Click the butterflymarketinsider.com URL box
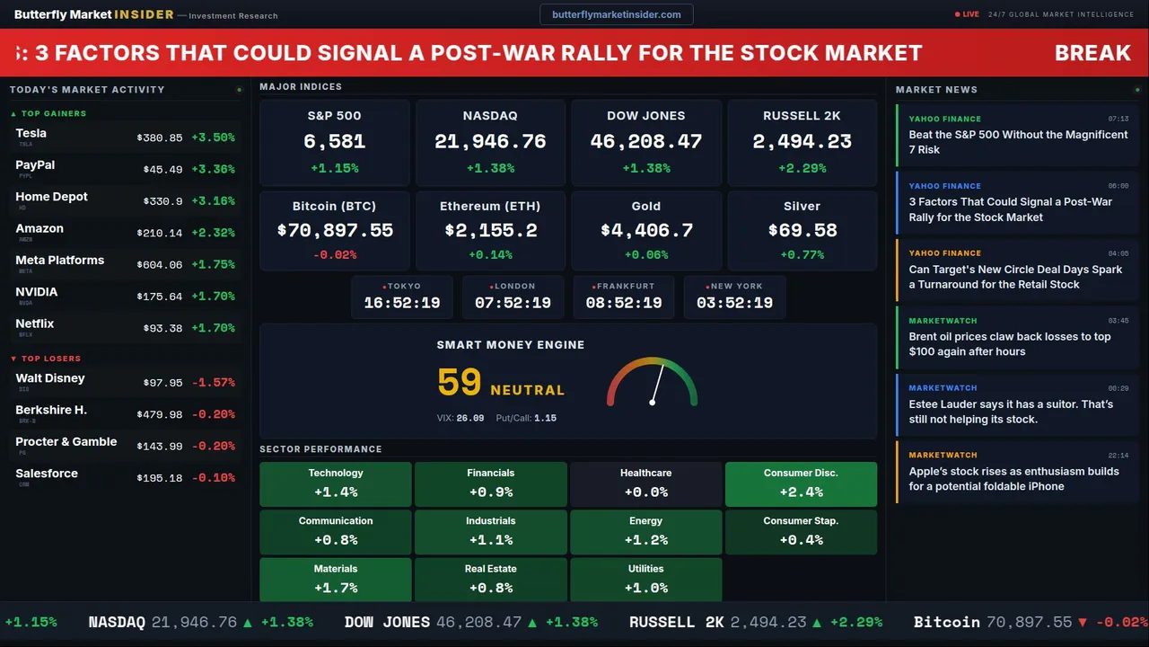coord(616,14)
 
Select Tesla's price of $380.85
coord(160,138)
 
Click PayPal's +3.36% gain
coord(213,170)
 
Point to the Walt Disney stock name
coord(50,378)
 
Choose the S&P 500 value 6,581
coord(334,141)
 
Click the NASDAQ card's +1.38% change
coord(490,168)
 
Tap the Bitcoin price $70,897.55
coord(335,230)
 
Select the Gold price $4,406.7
coord(645,230)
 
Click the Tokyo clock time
coord(402,303)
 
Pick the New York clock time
coord(734,303)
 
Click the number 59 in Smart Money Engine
coord(460,383)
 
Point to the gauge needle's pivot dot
coord(652,402)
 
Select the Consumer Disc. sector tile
coord(801,483)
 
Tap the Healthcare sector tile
coord(645,483)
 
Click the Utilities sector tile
coord(645,580)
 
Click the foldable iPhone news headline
coord(1013,479)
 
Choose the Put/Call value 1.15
coord(545,418)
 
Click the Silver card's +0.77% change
coord(802,255)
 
